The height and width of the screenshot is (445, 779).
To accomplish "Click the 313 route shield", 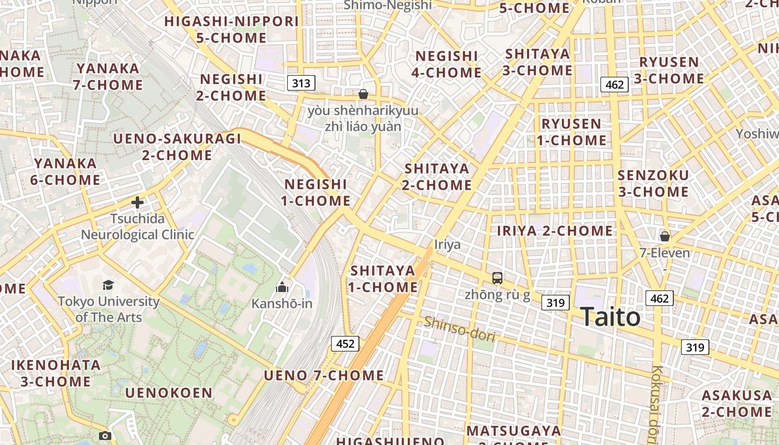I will point(301,83).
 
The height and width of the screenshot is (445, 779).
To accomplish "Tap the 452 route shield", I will point(345,344).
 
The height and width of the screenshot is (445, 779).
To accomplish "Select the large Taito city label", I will point(610,317).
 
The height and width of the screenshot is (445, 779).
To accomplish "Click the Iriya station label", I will point(447,244).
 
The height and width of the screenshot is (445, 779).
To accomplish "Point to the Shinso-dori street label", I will point(459,329).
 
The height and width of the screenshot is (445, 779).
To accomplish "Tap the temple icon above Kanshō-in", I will point(282,288).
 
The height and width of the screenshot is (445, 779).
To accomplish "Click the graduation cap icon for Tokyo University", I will point(108,285).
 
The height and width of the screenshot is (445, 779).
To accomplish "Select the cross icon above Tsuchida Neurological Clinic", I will point(137,202).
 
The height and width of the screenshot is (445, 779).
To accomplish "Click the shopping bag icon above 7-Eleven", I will point(664,236).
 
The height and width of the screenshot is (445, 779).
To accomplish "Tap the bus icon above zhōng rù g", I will point(497,278).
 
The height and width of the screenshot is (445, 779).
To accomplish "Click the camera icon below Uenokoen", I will point(105,436).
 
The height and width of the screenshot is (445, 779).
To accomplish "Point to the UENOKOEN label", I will point(169,393).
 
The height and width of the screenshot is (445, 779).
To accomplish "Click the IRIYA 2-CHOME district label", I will point(555,230).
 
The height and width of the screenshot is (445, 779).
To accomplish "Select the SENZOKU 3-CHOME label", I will point(653,184).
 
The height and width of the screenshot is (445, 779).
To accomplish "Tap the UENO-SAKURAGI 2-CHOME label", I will point(177,147).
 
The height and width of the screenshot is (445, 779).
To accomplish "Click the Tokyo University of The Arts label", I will point(109,309).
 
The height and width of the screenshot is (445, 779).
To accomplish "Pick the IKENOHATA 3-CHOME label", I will point(56,373).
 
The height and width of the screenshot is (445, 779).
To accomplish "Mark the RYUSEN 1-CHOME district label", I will point(571,132).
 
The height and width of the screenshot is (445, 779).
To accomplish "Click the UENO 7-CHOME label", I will point(324,375).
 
